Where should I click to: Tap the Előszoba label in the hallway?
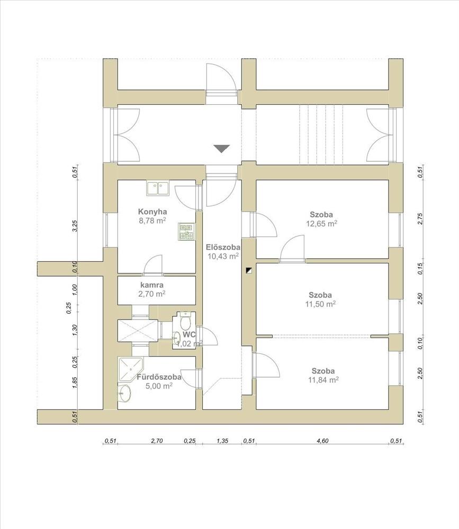(223, 247)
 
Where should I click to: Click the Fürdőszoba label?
(159, 377)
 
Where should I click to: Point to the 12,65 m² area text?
(321, 223)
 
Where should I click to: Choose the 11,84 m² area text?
(322, 379)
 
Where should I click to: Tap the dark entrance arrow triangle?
(222, 149)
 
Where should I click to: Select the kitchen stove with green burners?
(186, 231)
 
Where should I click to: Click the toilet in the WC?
(185, 321)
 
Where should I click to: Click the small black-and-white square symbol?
(249, 271)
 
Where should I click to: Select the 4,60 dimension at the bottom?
(322, 440)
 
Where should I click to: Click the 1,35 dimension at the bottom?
(222, 440)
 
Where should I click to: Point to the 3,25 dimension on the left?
(75, 226)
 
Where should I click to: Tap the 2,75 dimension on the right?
(420, 220)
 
